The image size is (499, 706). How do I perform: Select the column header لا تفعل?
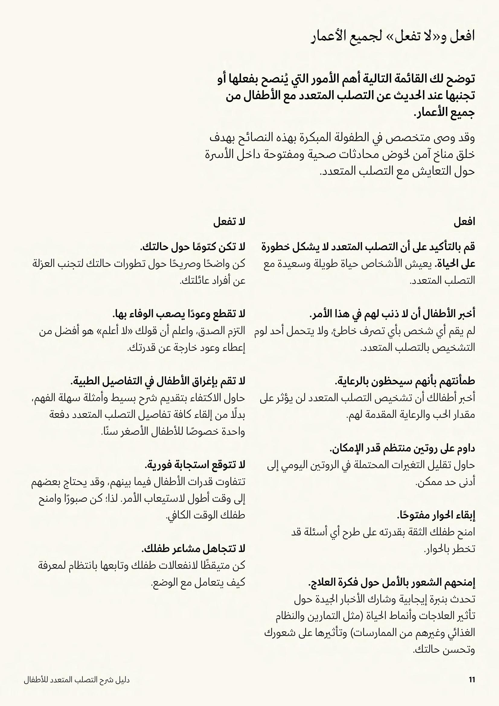pos(229,222)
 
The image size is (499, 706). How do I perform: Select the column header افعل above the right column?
pos(464,222)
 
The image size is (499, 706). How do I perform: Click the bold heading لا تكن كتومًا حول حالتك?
pos(193,247)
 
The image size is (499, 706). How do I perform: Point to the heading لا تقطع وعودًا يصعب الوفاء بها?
pos(179,314)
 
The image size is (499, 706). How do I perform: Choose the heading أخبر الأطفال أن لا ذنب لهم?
pos(392,314)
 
